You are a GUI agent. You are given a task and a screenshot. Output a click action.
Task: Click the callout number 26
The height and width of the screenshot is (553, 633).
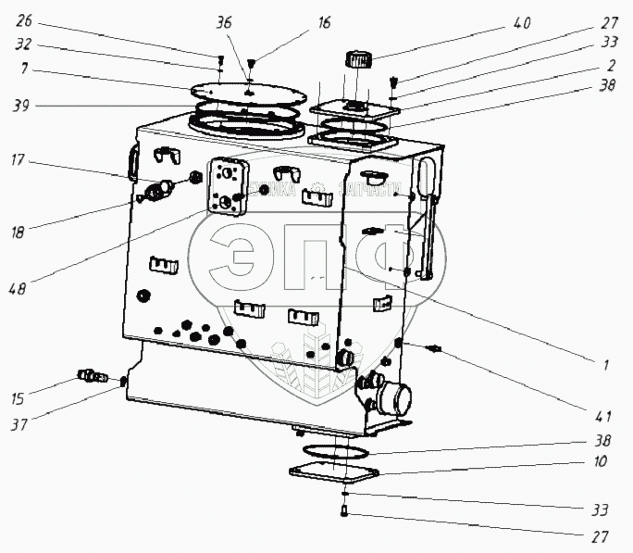[23, 20]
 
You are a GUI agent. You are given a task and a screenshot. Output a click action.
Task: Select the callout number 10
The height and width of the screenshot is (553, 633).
[602, 460]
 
